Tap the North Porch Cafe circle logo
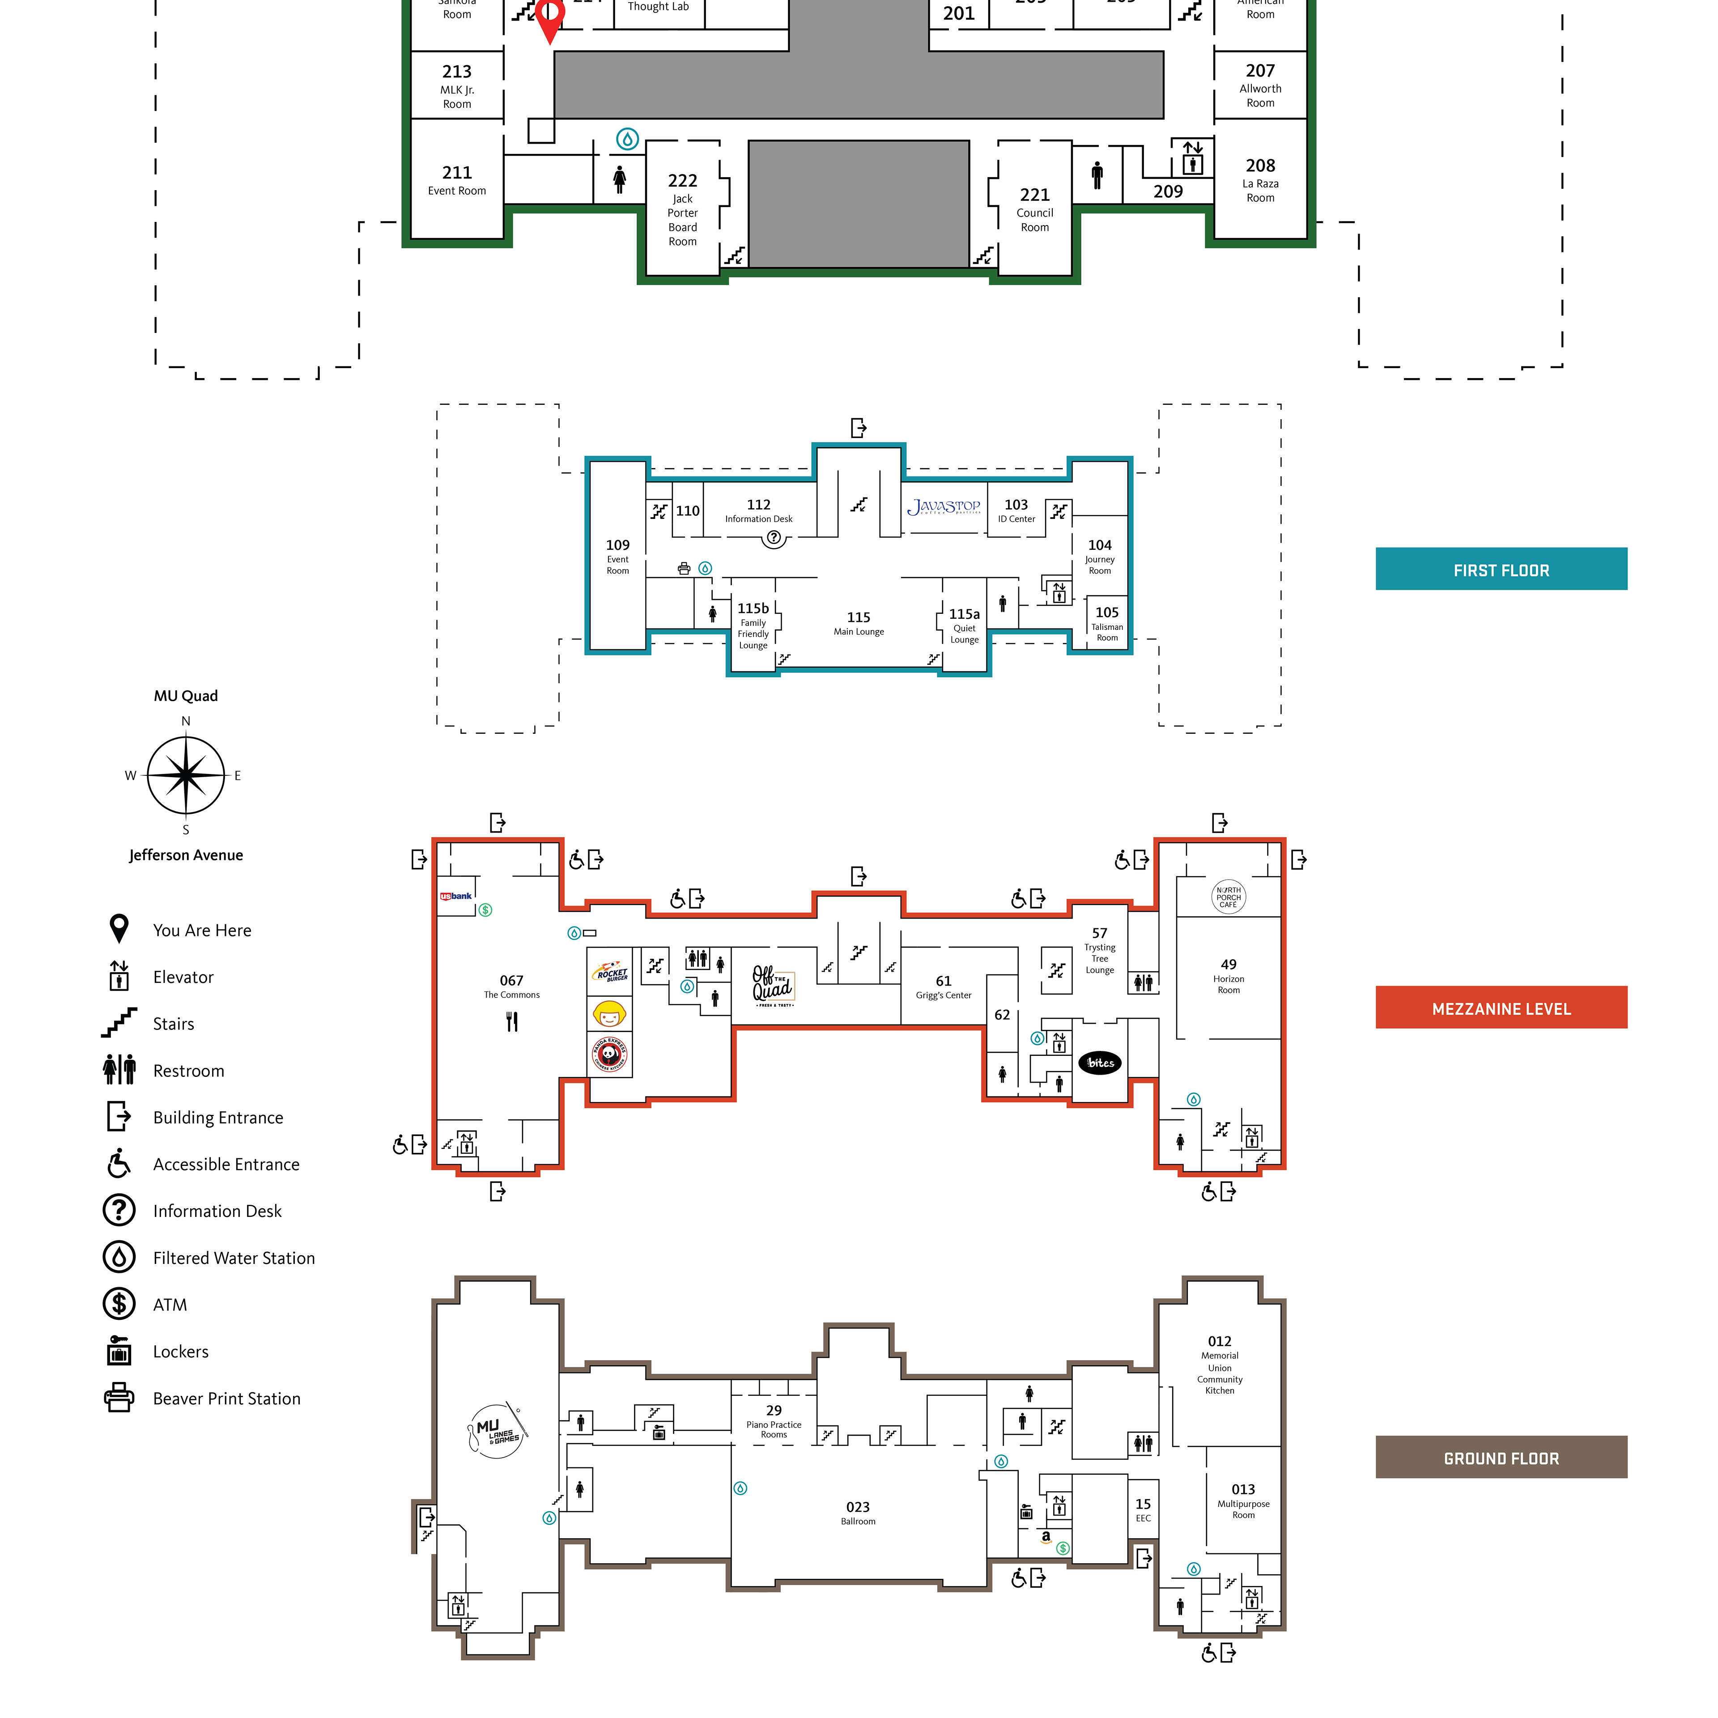coord(1228,896)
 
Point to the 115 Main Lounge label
coord(858,622)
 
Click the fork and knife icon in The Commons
coord(511,1022)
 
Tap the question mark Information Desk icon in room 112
coord(774,537)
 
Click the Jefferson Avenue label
coord(186,855)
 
